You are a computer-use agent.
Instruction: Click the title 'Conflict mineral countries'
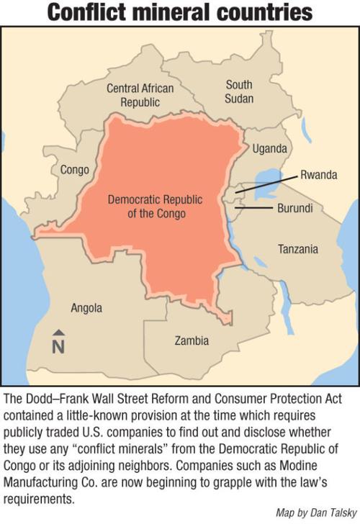coord(180,12)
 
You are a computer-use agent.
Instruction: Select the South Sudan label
coord(239,91)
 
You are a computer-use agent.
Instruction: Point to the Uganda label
coord(270,149)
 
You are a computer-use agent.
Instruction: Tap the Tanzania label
coord(297,249)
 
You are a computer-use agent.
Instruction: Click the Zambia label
coord(192,340)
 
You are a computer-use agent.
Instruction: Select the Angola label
coord(86,308)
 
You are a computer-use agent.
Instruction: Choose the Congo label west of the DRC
coord(75,170)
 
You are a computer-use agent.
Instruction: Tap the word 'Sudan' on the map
coord(239,99)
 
